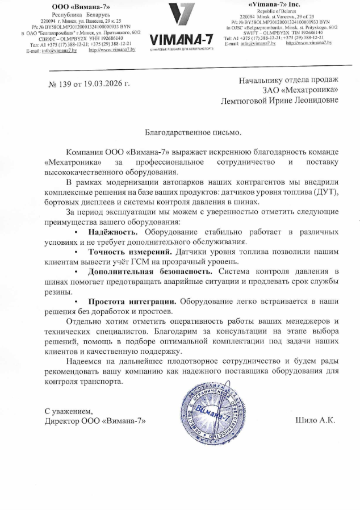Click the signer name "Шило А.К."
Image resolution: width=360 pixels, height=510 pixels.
tap(316, 421)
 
